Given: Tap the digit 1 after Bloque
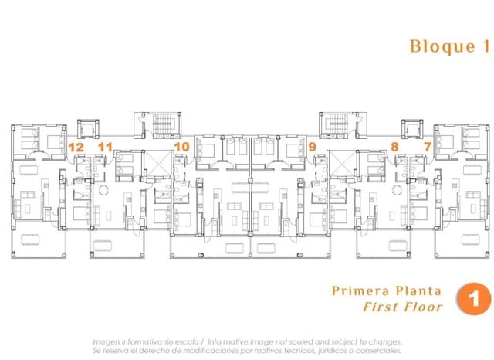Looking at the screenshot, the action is [486, 46].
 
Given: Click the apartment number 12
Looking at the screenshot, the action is [76, 148].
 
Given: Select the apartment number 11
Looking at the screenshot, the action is [105, 147].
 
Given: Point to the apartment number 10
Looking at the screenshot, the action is [182, 147].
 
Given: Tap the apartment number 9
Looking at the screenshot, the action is [312, 147].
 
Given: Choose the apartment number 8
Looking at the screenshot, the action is [394, 147].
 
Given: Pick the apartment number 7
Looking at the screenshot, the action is [427, 147].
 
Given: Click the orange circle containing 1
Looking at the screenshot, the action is [474, 298].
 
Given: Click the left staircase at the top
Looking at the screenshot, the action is [163, 124].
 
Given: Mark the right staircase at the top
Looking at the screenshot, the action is [337, 124].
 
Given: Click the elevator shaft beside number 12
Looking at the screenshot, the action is [88, 128].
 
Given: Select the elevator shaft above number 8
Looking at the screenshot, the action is [412, 128].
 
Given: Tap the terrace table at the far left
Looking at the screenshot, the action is [30, 239].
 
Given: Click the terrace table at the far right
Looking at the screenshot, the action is [470, 239].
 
